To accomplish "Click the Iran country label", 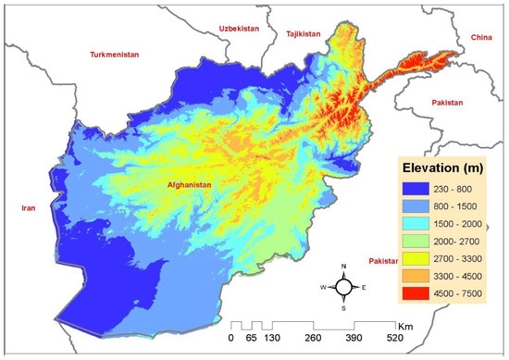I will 26,209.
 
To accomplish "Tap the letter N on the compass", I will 343,267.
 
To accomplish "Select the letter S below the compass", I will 343,308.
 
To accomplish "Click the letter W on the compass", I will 323,287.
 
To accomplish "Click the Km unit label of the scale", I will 404,327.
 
